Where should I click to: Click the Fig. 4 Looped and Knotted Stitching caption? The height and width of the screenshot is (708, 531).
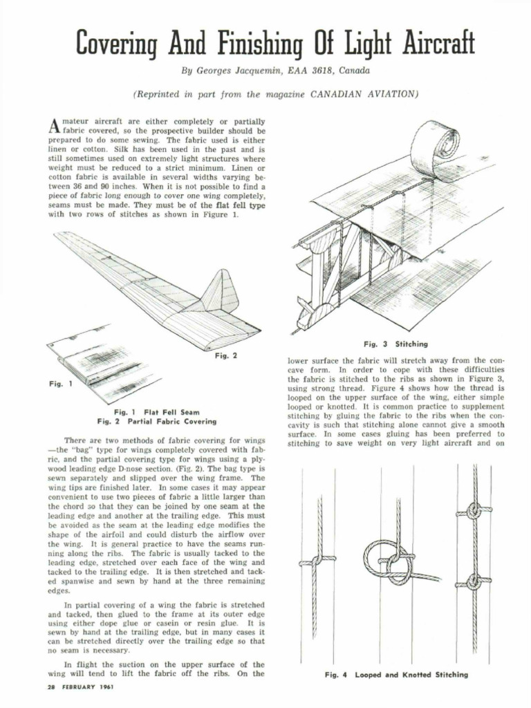pyautogui.click(x=395, y=674)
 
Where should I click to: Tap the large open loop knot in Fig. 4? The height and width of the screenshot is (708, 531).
pyautogui.click(x=389, y=559)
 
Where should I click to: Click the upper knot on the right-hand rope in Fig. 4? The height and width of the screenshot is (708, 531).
pyautogui.click(x=474, y=512)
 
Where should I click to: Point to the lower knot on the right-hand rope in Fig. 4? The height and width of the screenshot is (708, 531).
pyautogui.click(x=474, y=581)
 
